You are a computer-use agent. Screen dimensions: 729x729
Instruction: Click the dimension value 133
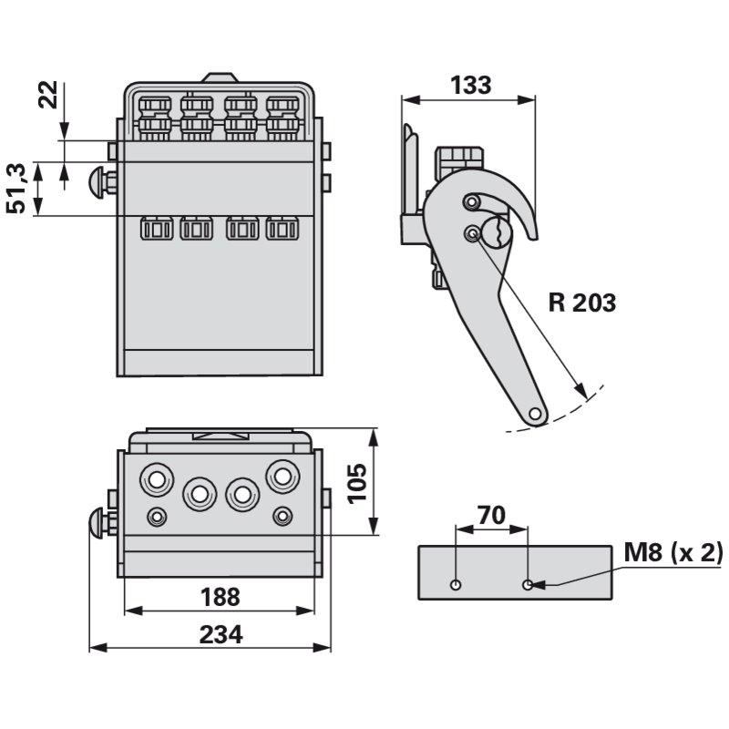click(470, 85)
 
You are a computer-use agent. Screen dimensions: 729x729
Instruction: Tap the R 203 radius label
click(582, 303)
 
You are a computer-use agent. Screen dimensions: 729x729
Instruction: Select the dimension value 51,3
click(15, 189)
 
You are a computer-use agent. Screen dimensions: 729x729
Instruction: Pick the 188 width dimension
click(220, 597)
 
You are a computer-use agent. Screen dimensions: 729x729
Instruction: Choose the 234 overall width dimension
click(222, 635)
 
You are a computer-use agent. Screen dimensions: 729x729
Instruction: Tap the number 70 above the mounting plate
click(491, 515)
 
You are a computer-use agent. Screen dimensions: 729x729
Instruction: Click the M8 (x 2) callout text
click(673, 552)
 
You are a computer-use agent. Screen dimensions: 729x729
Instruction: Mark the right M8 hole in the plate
click(528, 583)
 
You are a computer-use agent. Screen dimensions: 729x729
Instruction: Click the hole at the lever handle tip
click(535, 413)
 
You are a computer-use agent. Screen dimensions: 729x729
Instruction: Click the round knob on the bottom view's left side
click(95, 524)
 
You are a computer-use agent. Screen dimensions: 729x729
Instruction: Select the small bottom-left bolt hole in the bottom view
click(159, 517)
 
